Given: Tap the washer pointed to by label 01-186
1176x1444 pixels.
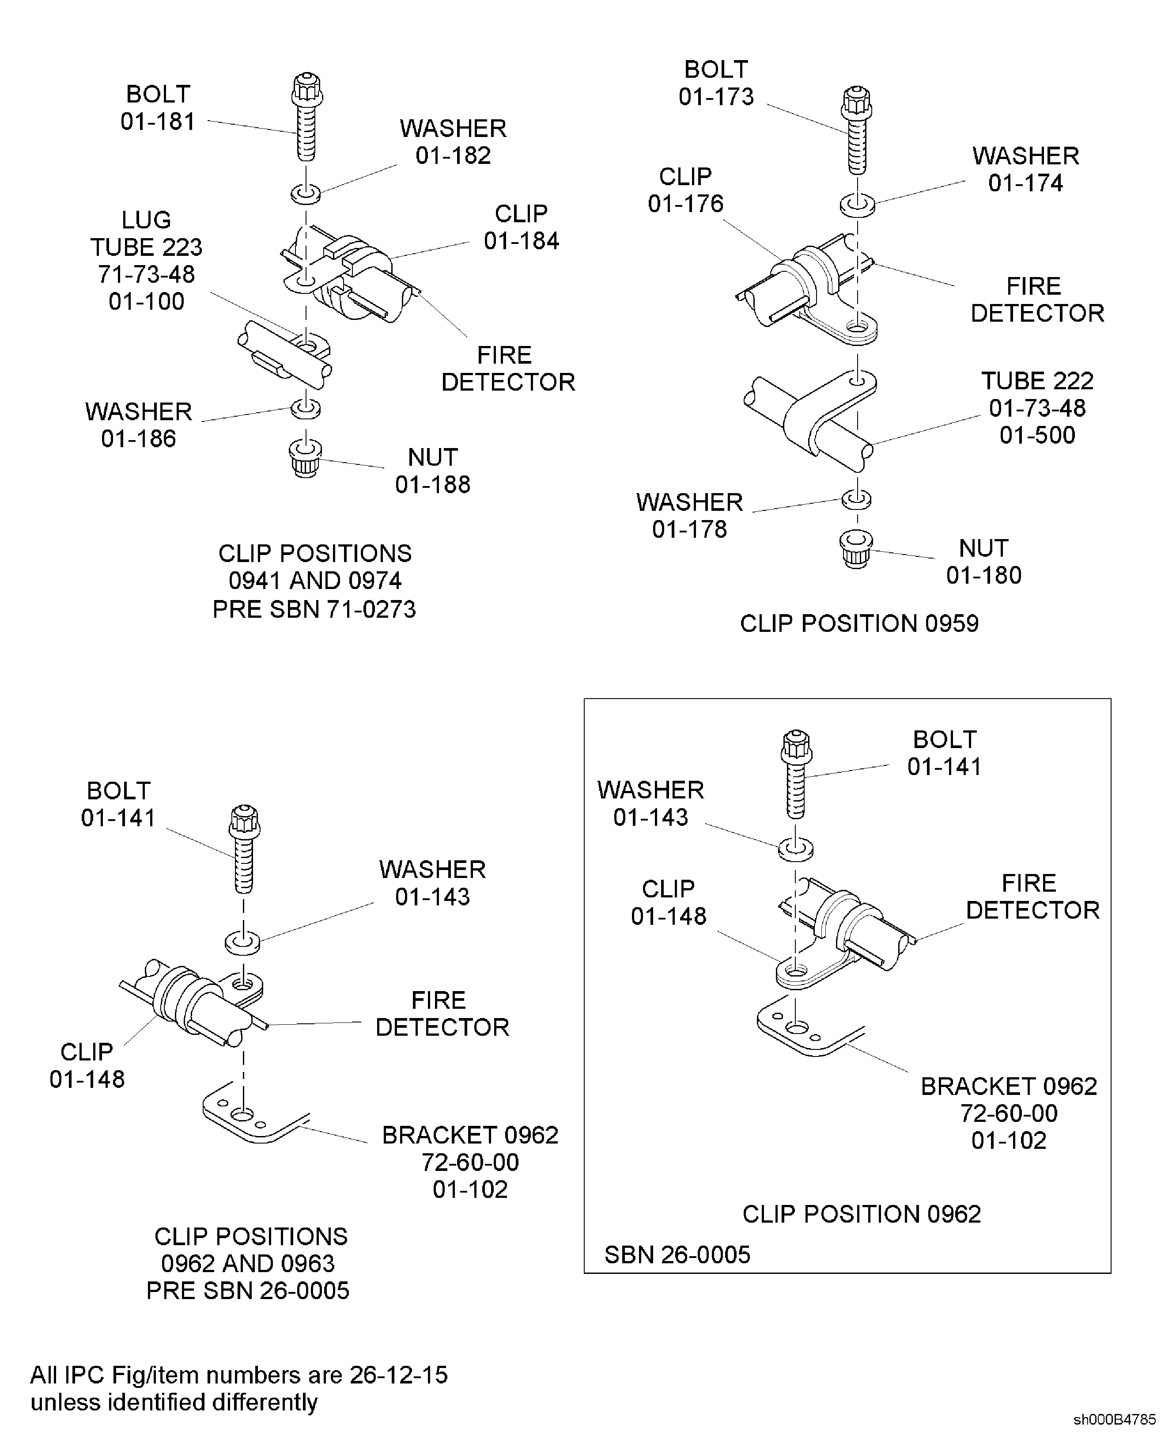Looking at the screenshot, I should pyautogui.click(x=306, y=409).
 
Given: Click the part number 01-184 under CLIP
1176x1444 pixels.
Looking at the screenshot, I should pyautogui.click(x=521, y=240).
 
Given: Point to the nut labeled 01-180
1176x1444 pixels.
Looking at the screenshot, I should pyautogui.click(x=856, y=548).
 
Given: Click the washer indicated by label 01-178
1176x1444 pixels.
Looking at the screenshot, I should pyautogui.click(x=856, y=499).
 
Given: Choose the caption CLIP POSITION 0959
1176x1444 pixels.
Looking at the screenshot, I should pyautogui.click(x=859, y=623).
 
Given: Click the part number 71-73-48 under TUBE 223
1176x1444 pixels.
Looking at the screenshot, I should pyautogui.click(x=146, y=274).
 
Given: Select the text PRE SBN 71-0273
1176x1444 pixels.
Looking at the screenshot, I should pyautogui.click(x=314, y=609).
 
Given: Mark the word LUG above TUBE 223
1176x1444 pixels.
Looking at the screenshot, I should pyautogui.click(x=146, y=220).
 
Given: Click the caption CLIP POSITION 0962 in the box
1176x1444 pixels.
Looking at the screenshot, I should pyautogui.click(x=861, y=1214).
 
